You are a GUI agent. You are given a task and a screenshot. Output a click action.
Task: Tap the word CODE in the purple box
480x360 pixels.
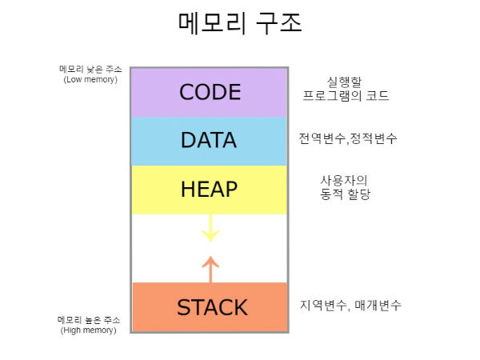pos(210,92)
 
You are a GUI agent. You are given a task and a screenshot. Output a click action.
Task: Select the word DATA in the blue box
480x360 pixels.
pos(209,140)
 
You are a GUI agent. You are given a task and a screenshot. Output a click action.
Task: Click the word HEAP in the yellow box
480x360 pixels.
pos(209,189)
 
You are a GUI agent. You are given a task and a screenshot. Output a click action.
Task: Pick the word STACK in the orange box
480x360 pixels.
pos(212,307)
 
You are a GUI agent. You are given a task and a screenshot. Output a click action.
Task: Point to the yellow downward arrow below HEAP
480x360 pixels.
pos(210,227)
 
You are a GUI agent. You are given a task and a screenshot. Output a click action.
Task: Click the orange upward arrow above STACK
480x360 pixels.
pos(210,269)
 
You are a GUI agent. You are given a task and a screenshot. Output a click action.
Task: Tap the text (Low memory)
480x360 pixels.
pos(90,79)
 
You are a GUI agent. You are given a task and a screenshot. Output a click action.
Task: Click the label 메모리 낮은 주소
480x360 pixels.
pos(90,70)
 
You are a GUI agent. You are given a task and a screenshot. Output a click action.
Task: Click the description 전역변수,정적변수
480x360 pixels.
pos(348,138)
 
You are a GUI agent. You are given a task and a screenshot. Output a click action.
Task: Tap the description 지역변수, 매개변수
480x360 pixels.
pos(351,305)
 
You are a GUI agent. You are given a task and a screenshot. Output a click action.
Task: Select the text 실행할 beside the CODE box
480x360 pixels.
pos(346,82)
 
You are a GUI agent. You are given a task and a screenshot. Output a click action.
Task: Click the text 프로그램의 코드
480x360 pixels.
pos(346,96)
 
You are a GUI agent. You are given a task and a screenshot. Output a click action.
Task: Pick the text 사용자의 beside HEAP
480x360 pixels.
pos(345,179)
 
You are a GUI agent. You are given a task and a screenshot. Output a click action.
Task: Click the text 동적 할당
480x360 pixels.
pos(345,194)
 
